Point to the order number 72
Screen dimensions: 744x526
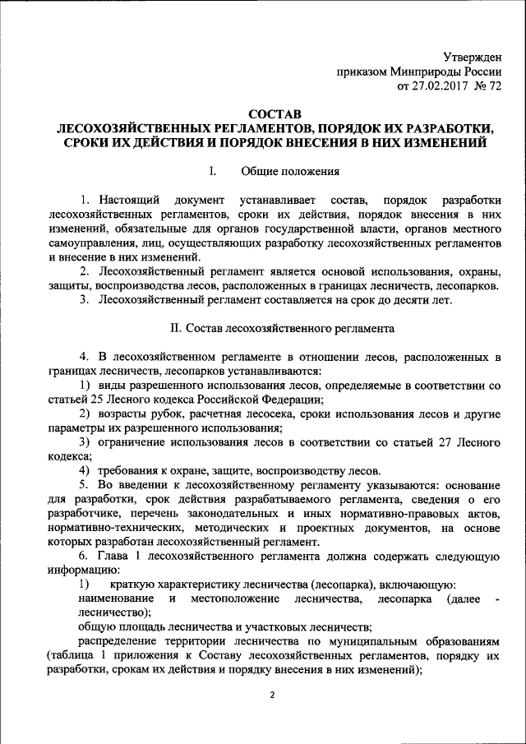click(x=496, y=85)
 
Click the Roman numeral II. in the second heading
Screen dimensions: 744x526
click(x=174, y=328)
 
